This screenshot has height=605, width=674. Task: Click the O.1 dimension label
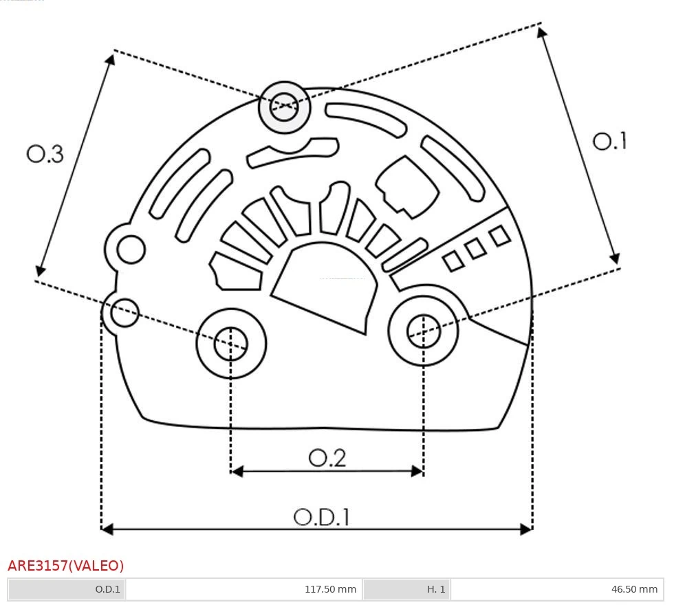coord(609,142)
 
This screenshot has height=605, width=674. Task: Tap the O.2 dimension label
coord(327,458)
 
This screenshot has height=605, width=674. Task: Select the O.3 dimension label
coord(45,155)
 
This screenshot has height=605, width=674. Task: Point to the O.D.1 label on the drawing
coord(321,516)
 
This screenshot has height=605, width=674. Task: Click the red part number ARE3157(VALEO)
coord(66,566)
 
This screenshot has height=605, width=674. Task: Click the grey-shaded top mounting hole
coord(284,107)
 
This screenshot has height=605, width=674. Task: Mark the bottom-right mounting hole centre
coord(424,333)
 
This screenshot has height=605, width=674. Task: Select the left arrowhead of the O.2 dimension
coord(237,471)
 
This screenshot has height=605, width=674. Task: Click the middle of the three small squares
coord(475,249)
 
